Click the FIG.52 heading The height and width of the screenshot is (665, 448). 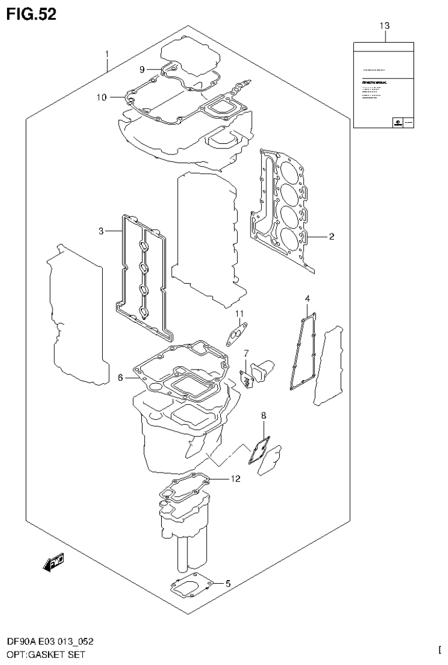[32, 15]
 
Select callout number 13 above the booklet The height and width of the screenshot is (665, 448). [384, 26]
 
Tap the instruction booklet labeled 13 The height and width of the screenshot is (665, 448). [384, 85]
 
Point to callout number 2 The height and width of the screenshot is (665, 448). [331, 237]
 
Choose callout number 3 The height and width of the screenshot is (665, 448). [101, 232]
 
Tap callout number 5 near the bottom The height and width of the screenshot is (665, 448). [228, 583]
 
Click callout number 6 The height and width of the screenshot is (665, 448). [120, 378]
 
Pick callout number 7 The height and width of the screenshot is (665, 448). [246, 353]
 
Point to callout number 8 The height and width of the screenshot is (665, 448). [263, 415]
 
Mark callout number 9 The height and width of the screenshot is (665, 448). [142, 70]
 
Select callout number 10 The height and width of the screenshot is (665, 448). [102, 98]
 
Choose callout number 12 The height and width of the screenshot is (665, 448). [235, 479]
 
